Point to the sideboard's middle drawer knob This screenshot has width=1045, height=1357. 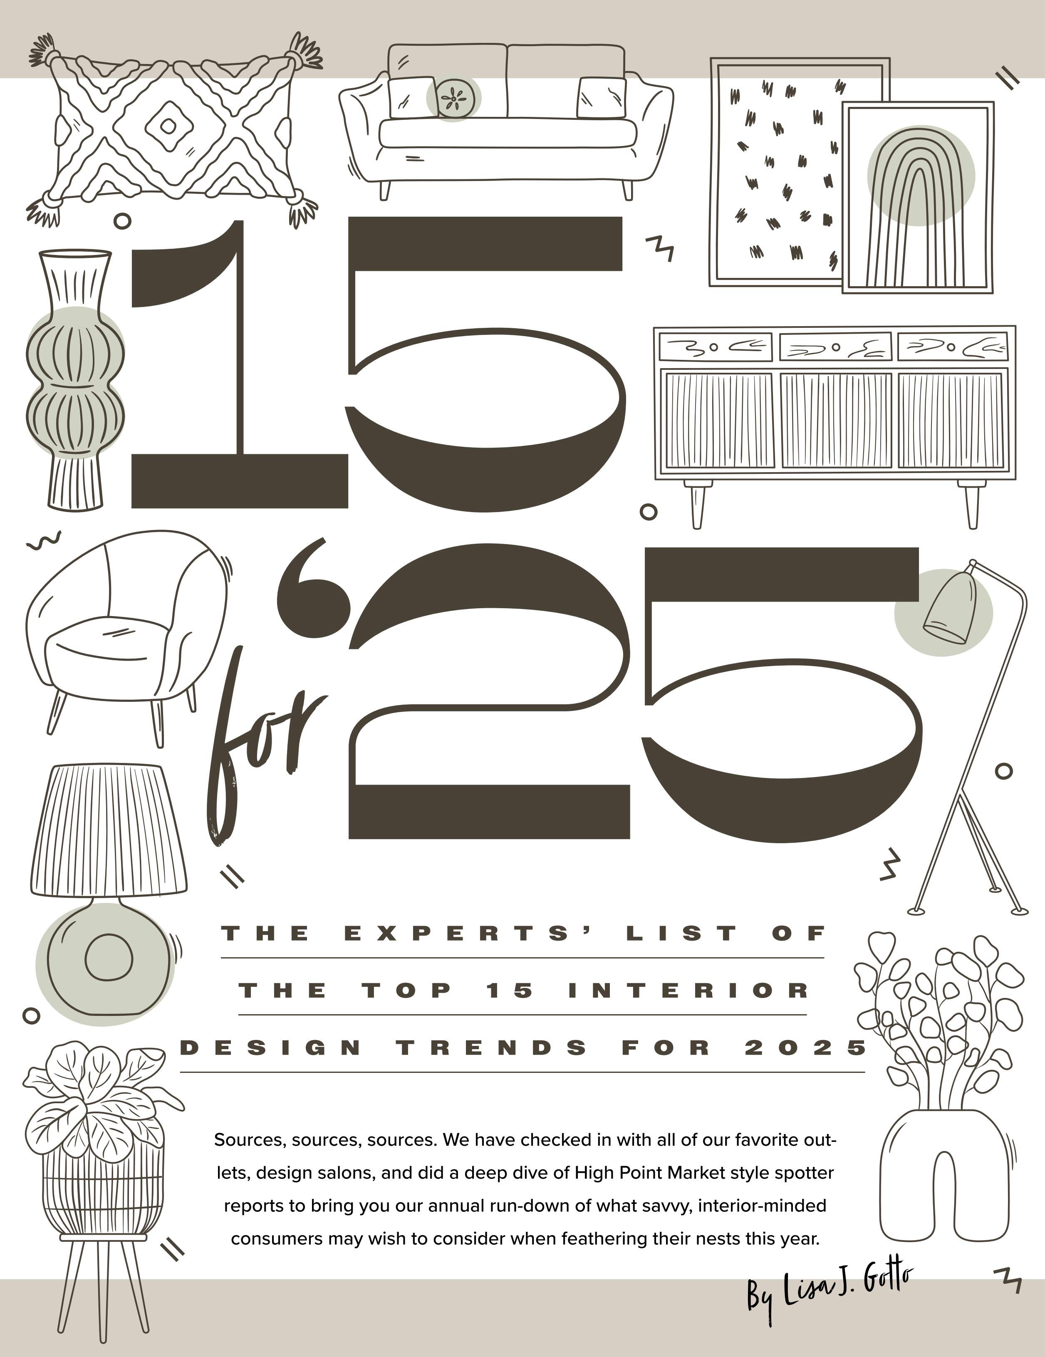(836, 347)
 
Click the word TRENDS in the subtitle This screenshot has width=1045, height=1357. (491, 1047)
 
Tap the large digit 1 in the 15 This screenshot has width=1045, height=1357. (239, 364)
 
